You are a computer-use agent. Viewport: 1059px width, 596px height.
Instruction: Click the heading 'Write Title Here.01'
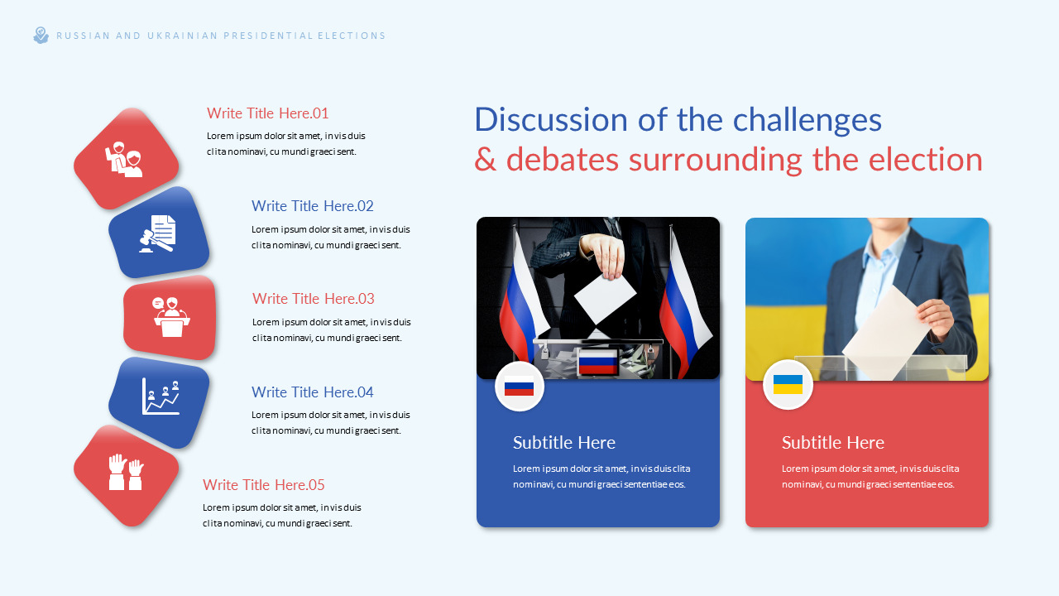267,113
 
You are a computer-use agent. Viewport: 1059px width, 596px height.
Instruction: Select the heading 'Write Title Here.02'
313,206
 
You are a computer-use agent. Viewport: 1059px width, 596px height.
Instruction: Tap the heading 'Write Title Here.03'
314,299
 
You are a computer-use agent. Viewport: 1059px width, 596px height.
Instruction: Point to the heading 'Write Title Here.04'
313,392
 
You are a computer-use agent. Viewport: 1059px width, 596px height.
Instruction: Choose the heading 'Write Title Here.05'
264,485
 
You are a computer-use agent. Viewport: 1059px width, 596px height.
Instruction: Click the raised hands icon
126,473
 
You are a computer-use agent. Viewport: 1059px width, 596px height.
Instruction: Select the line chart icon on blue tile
161,397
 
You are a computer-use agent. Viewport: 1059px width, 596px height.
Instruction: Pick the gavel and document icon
158,233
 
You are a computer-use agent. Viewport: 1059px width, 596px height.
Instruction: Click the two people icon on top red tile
124,159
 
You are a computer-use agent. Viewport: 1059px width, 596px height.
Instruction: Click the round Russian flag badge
519,387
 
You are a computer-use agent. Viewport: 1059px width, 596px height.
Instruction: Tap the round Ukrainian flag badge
788,385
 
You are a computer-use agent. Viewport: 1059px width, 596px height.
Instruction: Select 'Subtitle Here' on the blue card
564,442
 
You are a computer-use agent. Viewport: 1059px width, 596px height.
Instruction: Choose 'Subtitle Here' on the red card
833,442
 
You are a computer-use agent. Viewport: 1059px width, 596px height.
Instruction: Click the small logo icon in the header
41,36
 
